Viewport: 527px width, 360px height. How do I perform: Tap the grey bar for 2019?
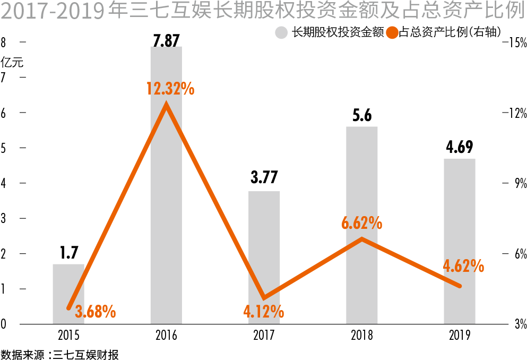point(460,241)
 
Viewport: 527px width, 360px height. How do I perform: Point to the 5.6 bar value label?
point(361,116)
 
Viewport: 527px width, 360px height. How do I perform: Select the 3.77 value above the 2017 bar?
point(264,177)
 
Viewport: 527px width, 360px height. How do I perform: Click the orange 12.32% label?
point(170,89)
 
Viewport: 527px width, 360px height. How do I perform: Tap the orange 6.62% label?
point(361,223)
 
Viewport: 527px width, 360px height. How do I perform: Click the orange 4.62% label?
point(463,265)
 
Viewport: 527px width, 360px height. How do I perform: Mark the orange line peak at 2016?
point(166,106)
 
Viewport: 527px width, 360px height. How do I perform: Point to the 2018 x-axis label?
point(361,336)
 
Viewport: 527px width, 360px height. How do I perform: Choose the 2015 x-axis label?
point(68,336)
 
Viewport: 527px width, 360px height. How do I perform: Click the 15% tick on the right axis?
point(517,42)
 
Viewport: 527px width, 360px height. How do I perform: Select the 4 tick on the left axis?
point(5,183)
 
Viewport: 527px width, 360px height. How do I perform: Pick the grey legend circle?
point(281,32)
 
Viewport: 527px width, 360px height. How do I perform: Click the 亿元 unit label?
point(12,61)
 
